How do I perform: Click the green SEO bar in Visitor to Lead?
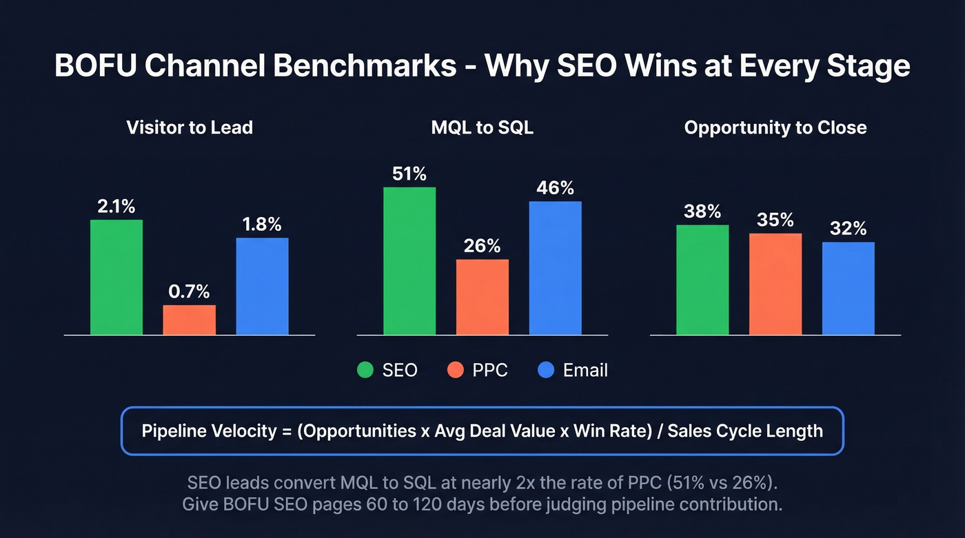pyautogui.click(x=116, y=278)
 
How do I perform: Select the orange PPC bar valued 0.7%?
pyautogui.click(x=189, y=320)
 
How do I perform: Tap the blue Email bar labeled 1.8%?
pyautogui.click(x=262, y=287)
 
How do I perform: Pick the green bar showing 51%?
pyautogui.click(x=409, y=261)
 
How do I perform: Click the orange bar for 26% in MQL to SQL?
pyautogui.click(x=482, y=298)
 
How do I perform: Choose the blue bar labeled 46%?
pyautogui.click(x=555, y=268)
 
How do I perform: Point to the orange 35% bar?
pyautogui.click(x=775, y=284)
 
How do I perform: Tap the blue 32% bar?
pyautogui.click(x=848, y=289)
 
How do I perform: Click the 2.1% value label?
pyautogui.click(x=116, y=206)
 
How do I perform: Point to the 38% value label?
pyautogui.click(x=702, y=211)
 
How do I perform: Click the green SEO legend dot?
pyautogui.click(x=365, y=371)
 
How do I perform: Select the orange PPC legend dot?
pyautogui.click(x=455, y=371)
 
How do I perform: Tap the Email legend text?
pyautogui.click(x=585, y=371)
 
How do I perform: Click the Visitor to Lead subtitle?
pyautogui.click(x=190, y=127)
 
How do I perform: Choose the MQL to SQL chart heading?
pyautogui.click(x=482, y=127)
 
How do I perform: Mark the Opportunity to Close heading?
pyautogui.click(x=775, y=127)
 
